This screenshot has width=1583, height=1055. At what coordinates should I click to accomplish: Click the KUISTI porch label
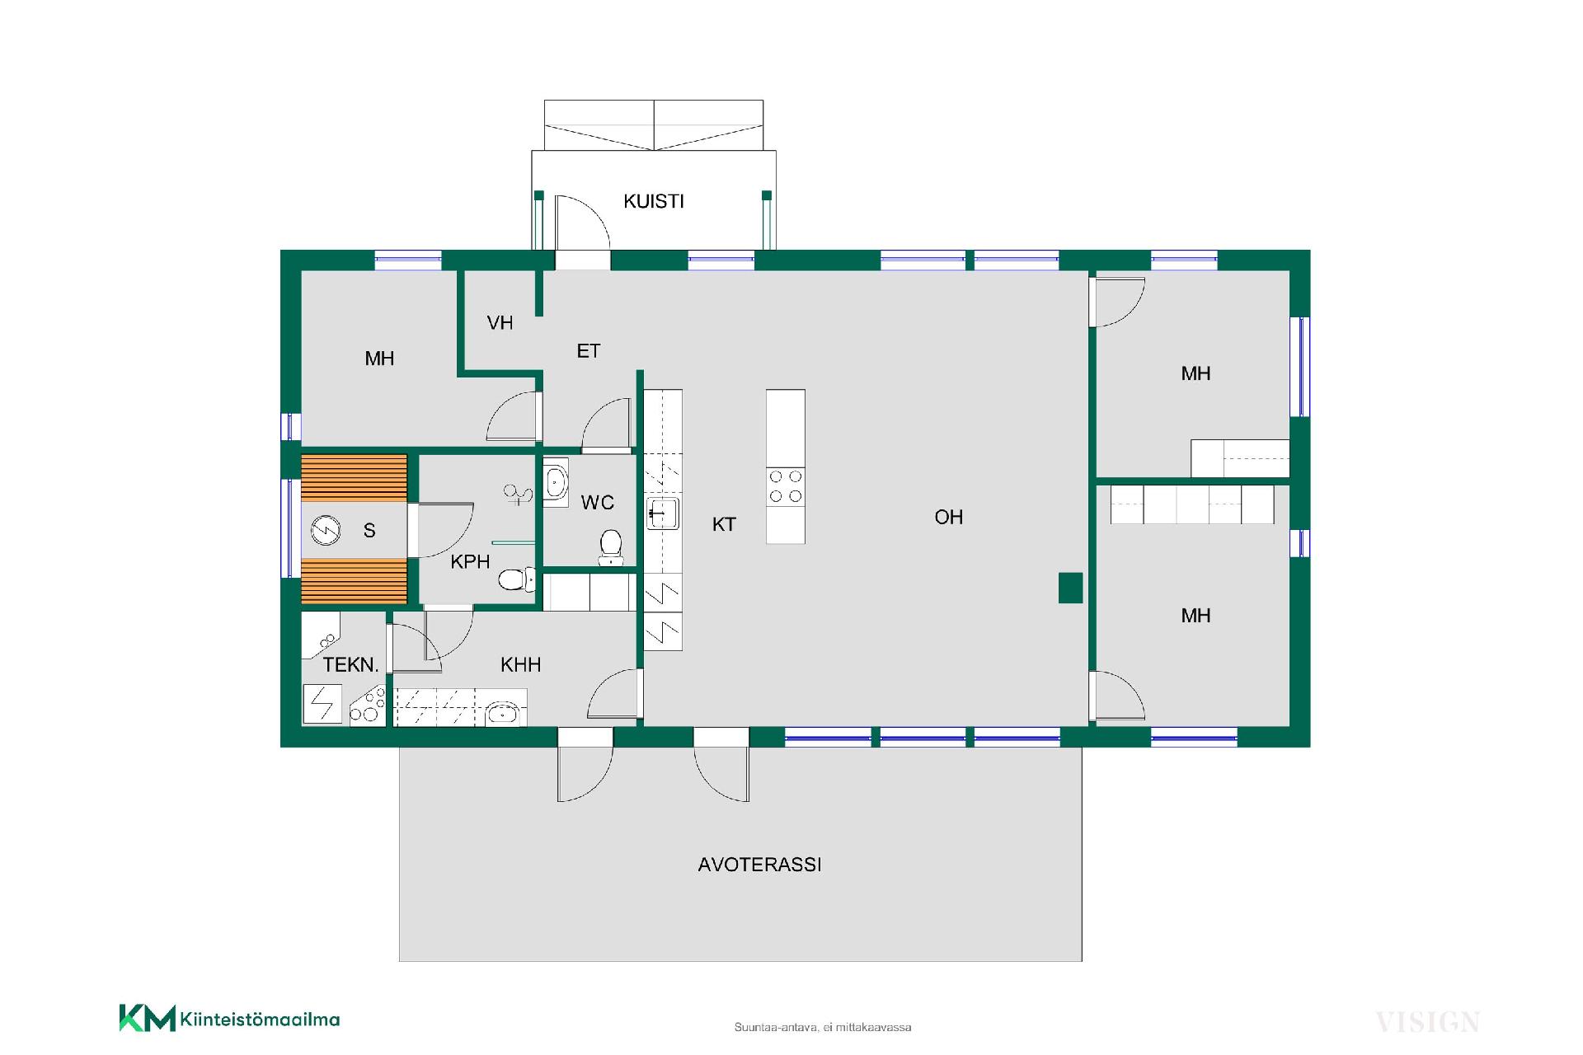[654, 201]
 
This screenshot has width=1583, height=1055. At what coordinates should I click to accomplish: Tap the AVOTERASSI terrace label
[759, 865]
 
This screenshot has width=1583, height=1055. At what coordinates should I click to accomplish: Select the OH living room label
[949, 517]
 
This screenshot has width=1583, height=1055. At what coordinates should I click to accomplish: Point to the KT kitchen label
[724, 524]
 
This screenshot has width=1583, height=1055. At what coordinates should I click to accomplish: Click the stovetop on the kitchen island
[785, 485]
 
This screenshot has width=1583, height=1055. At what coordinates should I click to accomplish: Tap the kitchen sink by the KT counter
[662, 513]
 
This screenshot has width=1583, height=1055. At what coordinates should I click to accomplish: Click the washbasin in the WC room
[556, 482]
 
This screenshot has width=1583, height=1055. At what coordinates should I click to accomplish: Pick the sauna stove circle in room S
[326, 529]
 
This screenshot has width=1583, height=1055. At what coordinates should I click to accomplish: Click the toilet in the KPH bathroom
[516, 579]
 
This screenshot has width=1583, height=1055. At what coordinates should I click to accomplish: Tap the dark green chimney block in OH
[1070, 588]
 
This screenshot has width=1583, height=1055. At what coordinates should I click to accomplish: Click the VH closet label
[500, 323]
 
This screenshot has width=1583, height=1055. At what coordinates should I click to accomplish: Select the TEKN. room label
[350, 664]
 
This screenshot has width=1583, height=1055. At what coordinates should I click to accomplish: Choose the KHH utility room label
[521, 664]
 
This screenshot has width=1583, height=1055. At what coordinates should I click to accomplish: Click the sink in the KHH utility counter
[502, 714]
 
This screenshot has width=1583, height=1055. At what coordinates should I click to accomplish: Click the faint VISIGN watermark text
[1427, 1022]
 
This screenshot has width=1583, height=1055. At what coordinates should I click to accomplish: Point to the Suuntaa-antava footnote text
[823, 1027]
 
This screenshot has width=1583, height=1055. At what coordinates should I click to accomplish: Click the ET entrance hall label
[589, 351]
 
